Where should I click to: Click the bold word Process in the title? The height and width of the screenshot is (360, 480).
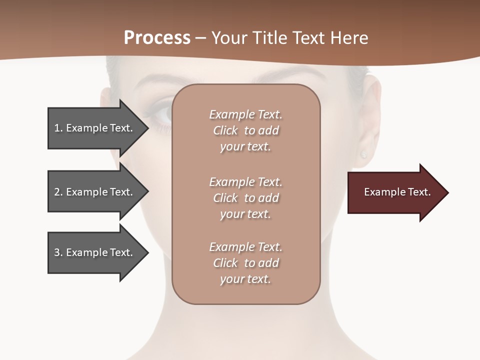[157, 38]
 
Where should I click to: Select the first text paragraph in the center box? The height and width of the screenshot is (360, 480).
[246, 130]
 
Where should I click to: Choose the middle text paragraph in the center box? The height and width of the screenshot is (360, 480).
[246, 198]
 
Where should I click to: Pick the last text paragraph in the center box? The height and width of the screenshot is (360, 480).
[246, 263]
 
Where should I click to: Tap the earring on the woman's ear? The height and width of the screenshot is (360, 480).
[363, 154]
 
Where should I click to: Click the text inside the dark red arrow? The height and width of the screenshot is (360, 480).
[397, 192]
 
